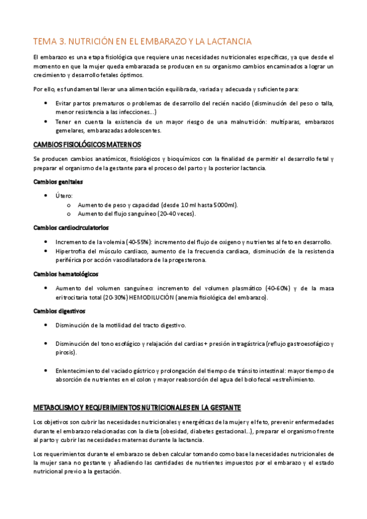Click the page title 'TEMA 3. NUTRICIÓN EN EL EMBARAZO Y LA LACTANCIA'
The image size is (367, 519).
point(142,41)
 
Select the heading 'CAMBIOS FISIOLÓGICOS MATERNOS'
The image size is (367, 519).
point(87,144)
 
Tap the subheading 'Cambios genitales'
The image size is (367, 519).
point(58,182)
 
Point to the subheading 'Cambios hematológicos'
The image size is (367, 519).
point(66,274)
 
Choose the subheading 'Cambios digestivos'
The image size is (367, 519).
point(59,311)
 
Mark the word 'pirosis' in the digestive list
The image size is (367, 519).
point(65,353)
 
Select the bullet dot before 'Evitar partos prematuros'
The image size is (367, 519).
point(46,103)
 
